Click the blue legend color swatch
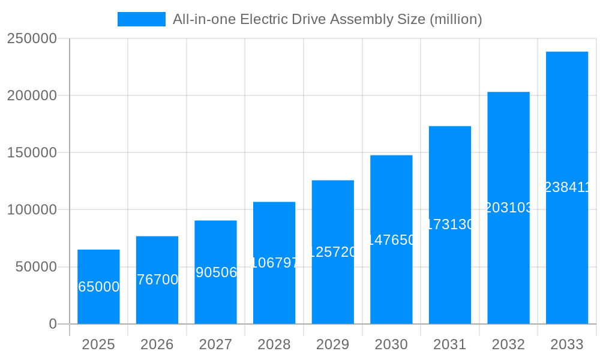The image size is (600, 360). (142, 19)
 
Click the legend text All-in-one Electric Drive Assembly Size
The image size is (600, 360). (327, 19)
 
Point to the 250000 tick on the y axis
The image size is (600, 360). (32, 39)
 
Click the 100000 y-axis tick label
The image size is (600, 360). (32, 210)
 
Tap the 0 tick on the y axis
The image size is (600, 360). (52, 324)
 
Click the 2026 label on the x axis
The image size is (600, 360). (157, 344)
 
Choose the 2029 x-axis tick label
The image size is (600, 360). (332, 344)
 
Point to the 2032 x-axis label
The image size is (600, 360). (508, 344)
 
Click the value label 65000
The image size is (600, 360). (99, 287)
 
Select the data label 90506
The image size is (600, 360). (216, 272)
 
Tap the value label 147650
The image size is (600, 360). (391, 240)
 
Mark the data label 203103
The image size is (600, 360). (508, 208)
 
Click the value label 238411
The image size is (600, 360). (567, 188)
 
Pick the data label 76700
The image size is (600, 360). (157, 280)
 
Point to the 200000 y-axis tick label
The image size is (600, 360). (32, 96)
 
